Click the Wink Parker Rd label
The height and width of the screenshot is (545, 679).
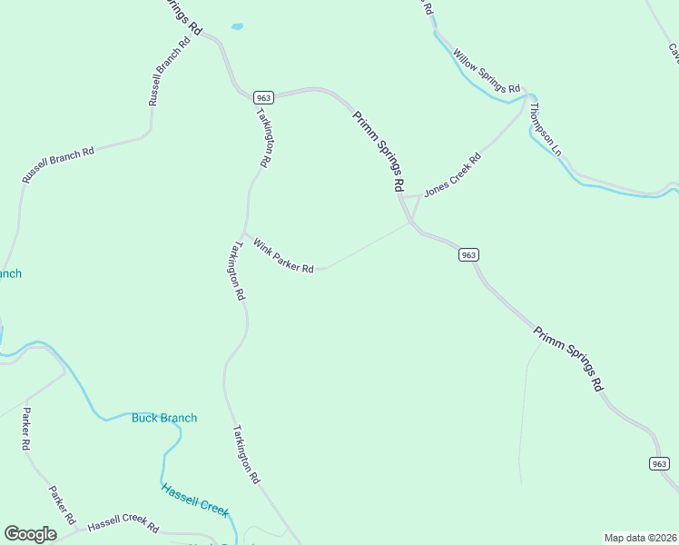(x=283, y=257)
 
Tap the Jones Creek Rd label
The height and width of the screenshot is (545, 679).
(x=452, y=175)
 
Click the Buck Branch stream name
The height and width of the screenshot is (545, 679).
(x=164, y=418)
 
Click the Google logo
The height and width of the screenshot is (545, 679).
(x=30, y=534)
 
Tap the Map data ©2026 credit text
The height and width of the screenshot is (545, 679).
(x=640, y=537)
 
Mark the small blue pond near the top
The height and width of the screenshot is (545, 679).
(x=237, y=27)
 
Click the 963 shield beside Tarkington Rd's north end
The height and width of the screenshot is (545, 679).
(x=263, y=98)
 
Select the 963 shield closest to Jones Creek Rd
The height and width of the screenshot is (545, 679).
(x=468, y=255)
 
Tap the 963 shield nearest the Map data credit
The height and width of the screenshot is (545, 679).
(x=660, y=463)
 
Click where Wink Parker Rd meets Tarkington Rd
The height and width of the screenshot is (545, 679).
(x=242, y=232)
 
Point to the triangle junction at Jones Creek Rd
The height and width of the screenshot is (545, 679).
(x=412, y=208)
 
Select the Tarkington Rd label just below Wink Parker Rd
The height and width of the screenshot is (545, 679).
(x=239, y=271)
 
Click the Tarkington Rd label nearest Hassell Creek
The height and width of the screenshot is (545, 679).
(x=246, y=453)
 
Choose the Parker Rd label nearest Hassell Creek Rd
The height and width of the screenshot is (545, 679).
(x=58, y=499)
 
